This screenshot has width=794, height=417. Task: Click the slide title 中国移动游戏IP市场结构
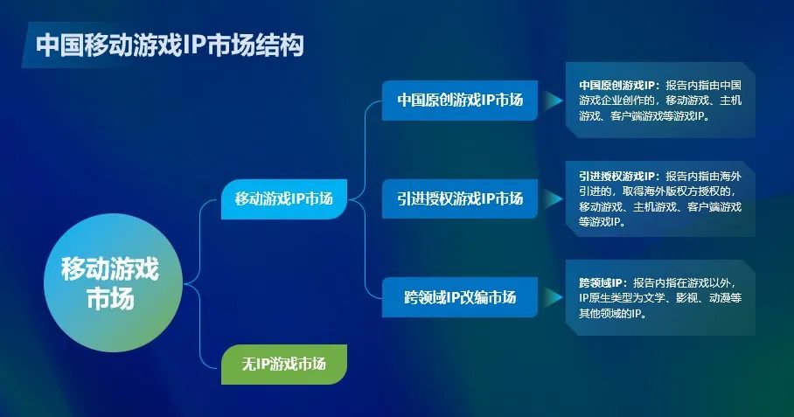(x=170, y=45)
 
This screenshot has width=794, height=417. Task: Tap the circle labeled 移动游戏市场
(x=113, y=282)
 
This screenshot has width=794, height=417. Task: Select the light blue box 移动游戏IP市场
(x=284, y=199)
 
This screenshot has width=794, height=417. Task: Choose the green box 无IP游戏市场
(x=284, y=364)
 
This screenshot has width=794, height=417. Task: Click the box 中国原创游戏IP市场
(x=460, y=101)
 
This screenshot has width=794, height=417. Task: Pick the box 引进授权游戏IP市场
(x=460, y=198)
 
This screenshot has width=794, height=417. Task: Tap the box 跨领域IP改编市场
(x=460, y=297)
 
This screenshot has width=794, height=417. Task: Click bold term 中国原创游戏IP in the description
(x=617, y=85)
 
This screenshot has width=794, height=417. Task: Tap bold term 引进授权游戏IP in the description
(x=617, y=176)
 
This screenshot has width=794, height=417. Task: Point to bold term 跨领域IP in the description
(x=601, y=283)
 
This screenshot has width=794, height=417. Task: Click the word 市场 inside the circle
(x=110, y=298)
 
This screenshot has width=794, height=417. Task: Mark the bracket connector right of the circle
(x=200, y=283)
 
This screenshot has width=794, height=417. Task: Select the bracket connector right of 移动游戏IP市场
(x=366, y=199)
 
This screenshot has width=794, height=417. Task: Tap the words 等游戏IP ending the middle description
(x=600, y=222)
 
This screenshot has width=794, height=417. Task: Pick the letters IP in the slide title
(x=194, y=45)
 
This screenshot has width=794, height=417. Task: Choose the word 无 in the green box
(x=248, y=364)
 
